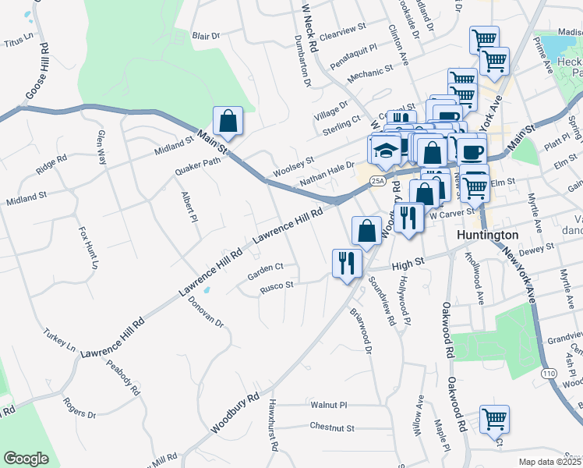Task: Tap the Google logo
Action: pos(26,459)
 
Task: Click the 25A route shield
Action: pos(378,180)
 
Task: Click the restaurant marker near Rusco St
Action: pos(346,262)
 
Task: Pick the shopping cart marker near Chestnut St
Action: pos(494,420)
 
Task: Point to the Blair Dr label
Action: pos(207,36)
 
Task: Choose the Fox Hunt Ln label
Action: pos(88,248)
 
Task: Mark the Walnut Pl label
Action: pos(328,406)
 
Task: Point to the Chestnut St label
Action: pos(332,427)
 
